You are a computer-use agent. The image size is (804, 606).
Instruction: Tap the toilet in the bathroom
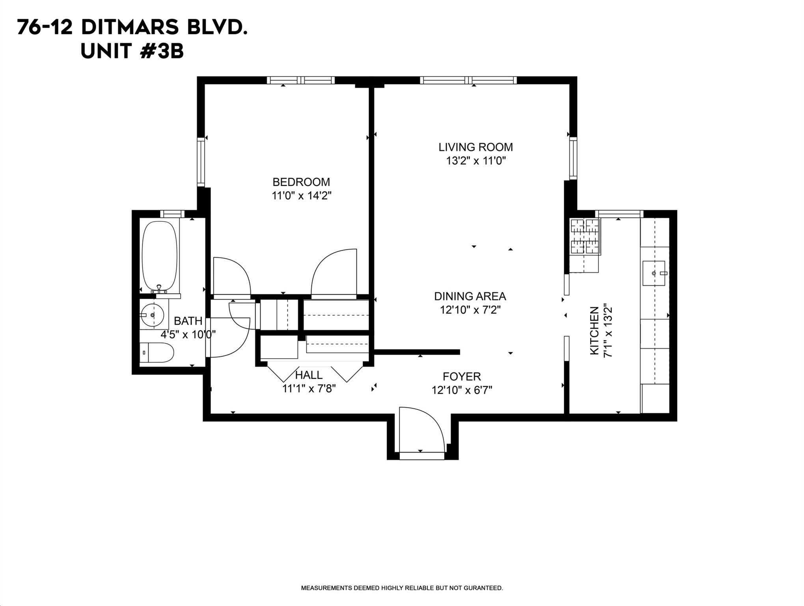[x=157, y=352]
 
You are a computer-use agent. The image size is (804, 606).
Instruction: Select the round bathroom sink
[x=153, y=315]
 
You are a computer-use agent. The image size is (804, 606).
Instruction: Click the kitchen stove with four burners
[x=584, y=236]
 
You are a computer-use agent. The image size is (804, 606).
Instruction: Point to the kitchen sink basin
[x=654, y=273]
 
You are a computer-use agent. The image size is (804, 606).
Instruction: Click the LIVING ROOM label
[x=476, y=147]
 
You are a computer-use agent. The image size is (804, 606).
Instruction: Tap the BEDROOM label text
[x=301, y=182]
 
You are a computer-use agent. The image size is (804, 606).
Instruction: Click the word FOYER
[x=461, y=376]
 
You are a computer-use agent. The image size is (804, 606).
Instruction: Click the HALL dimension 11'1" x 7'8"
[x=309, y=389]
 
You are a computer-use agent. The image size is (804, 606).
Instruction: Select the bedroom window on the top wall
[x=300, y=80]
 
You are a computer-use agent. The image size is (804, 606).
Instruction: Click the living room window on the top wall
[x=468, y=80]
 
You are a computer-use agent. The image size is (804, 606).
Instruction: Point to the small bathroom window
[x=172, y=214]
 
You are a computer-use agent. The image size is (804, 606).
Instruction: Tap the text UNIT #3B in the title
[x=132, y=51]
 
